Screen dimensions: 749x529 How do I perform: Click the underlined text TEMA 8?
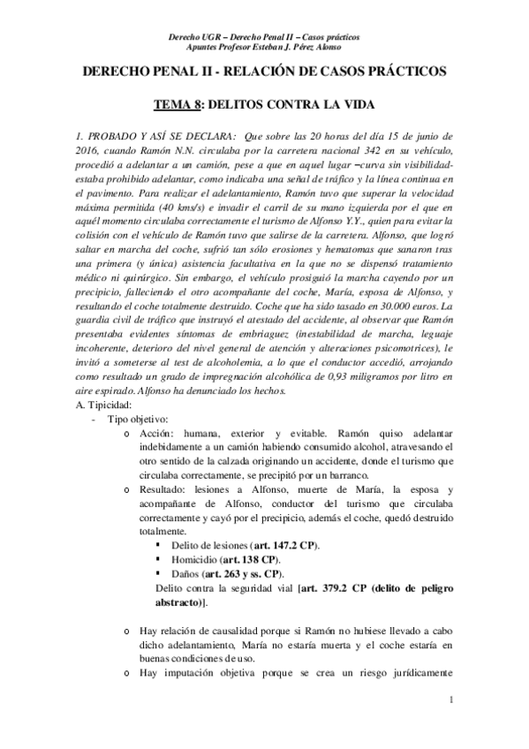178,104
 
